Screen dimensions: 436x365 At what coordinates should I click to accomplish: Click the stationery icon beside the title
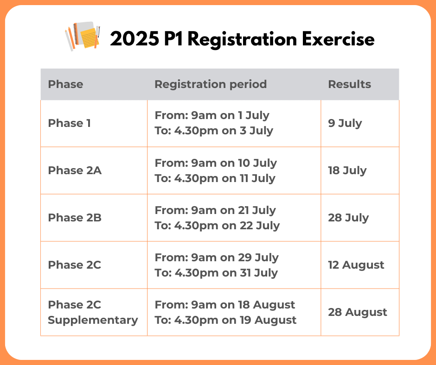(83, 36)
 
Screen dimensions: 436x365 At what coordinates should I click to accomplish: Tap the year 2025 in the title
(135, 39)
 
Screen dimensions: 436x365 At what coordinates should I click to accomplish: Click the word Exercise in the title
(338, 39)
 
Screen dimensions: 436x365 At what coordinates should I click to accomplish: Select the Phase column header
(65, 84)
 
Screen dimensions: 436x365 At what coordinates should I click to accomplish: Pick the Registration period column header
(211, 84)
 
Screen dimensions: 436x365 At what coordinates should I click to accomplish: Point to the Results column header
(350, 84)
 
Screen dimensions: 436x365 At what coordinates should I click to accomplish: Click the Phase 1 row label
(69, 123)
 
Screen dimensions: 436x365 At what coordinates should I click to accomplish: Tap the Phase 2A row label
(75, 170)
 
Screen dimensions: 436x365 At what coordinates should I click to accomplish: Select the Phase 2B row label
(75, 218)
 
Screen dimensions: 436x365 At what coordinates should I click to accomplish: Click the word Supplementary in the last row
(93, 320)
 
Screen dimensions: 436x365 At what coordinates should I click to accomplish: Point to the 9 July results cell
(345, 123)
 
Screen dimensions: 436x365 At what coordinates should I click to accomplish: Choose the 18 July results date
(347, 170)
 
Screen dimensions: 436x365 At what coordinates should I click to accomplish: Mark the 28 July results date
(348, 218)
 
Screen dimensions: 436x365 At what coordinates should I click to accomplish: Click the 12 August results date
(356, 265)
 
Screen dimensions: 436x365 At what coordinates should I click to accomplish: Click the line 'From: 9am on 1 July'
(212, 115)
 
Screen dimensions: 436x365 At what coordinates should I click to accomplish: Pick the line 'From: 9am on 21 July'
(215, 211)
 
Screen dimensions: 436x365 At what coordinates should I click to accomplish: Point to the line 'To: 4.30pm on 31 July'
(216, 273)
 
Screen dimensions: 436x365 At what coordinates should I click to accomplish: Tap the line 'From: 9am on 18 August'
(224, 305)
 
